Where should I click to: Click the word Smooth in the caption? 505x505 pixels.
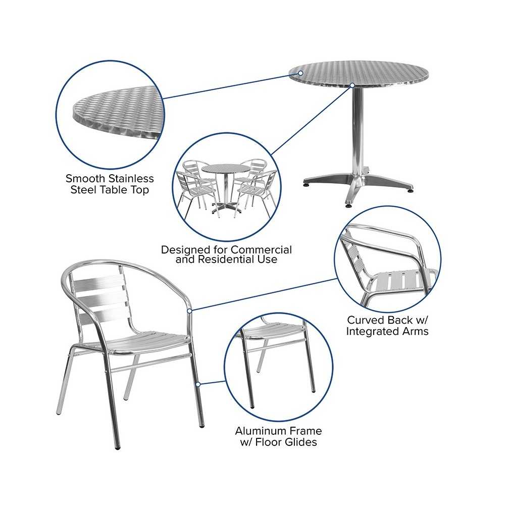pyautogui.click(x=85, y=178)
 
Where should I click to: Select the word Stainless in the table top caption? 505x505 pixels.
pyautogui.click(x=131, y=178)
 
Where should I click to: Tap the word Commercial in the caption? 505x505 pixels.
pyautogui.click(x=261, y=249)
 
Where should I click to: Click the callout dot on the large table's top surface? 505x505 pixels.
pyautogui.click(x=300, y=73)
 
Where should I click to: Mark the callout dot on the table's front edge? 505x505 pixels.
pyautogui.click(x=352, y=85)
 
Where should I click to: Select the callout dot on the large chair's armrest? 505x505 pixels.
pyautogui.click(x=190, y=311)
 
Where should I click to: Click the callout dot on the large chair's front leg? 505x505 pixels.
pyautogui.click(x=198, y=384)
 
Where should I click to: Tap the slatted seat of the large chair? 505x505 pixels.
pyautogui.click(x=145, y=342)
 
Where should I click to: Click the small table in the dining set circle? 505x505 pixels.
pyautogui.click(x=225, y=188)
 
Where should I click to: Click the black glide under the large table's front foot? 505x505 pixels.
pyautogui.click(x=348, y=205)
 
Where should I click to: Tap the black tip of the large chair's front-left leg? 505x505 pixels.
pyautogui.click(x=118, y=447)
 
